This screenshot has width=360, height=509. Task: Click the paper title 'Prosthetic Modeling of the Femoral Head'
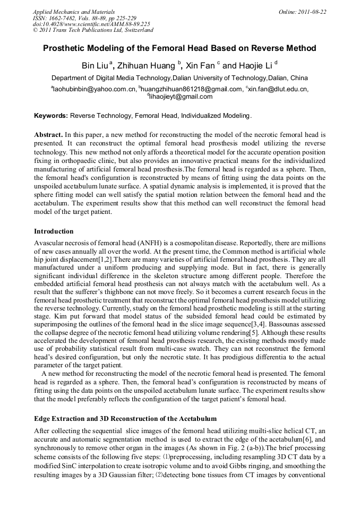pyautogui.click(x=179, y=48)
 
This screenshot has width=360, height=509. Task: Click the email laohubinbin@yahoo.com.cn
pyautogui.click(x=94, y=90)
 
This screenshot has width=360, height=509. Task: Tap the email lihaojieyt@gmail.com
pyautogui.click(x=180, y=97)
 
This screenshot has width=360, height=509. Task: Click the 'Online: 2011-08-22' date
pyautogui.click(x=302, y=12)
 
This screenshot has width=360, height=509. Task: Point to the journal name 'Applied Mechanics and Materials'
pyautogui.click(x=74, y=12)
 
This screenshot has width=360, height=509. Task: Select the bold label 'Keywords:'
pyautogui.click(x=51, y=115)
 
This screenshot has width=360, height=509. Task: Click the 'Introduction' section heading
pyautogui.click(x=54, y=231)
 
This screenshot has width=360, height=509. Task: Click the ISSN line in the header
pyautogui.click(x=84, y=18)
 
